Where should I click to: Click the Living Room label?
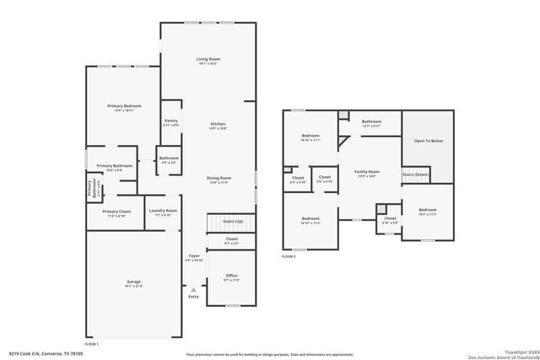208,58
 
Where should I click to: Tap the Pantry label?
171,121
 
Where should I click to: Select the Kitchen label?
219,124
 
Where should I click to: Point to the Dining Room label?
219,178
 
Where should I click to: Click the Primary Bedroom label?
122,105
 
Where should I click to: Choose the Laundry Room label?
163,211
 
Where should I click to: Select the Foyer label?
194,255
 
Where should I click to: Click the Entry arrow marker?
194,289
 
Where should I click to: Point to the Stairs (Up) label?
233,221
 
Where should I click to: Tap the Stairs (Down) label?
415,175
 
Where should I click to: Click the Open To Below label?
428,142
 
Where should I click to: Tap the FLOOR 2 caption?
289,256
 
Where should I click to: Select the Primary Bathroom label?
114,166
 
